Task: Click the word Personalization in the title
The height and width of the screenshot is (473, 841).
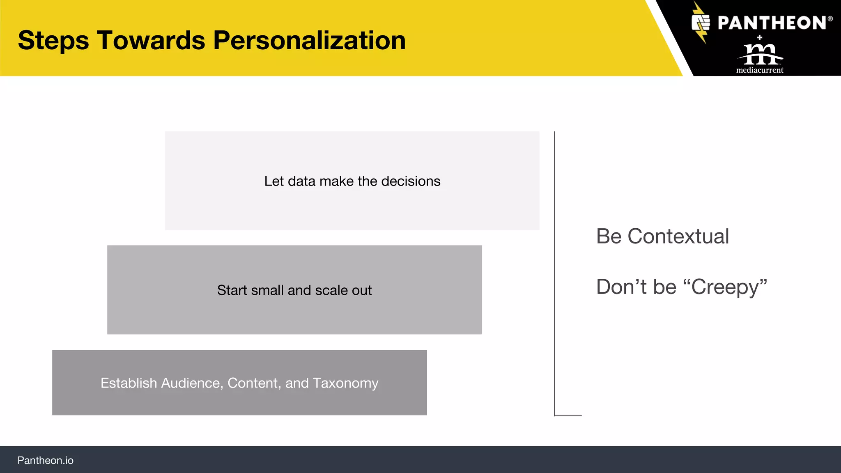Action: [309, 41]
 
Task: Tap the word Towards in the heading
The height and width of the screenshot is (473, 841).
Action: [151, 41]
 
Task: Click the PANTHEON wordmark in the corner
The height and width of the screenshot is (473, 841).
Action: [772, 23]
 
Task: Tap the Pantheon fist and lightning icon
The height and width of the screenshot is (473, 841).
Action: [701, 23]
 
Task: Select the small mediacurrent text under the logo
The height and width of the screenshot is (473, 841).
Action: [760, 70]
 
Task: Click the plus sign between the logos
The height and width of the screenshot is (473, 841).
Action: [760, 38]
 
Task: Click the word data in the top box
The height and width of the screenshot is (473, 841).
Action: [301, 181]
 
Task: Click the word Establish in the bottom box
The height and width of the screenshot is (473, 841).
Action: [129, 383]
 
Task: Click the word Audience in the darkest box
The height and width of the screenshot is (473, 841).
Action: [192, 383]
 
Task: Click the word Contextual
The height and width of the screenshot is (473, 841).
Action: [678, 236]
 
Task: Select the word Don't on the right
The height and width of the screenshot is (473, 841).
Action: [622, 287]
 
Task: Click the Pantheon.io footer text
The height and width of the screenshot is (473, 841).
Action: [45, 460]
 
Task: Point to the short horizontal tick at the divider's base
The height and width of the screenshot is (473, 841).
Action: [568, 416]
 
